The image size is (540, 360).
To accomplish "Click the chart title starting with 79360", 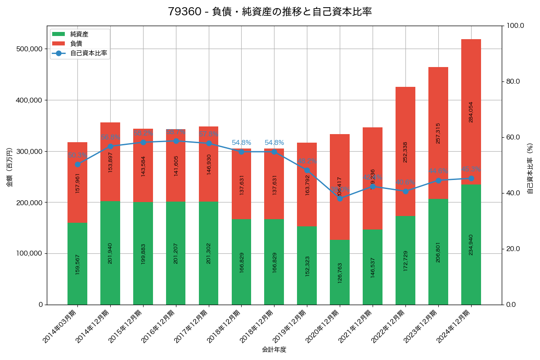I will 270,12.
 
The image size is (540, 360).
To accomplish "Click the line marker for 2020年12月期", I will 340,198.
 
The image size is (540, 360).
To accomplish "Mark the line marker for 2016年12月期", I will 176,141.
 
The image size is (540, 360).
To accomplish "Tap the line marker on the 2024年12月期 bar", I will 471,178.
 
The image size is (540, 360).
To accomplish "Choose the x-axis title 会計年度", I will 274,350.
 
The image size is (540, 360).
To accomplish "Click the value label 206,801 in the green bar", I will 438,252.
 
